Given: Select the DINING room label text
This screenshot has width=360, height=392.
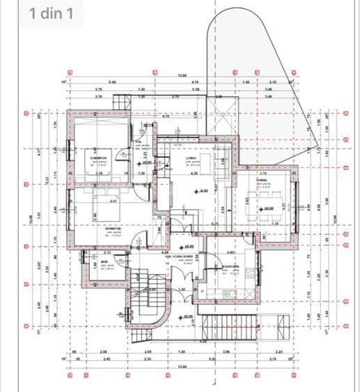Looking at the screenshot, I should (262, 180).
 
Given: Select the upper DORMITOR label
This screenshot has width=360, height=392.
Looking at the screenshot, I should (99, 158).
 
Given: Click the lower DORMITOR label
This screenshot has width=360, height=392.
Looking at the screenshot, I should (113, 228).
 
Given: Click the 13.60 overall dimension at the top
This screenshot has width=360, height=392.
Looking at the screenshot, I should (182, 75).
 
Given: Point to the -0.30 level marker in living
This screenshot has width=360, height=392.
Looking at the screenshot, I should (204, 191).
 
